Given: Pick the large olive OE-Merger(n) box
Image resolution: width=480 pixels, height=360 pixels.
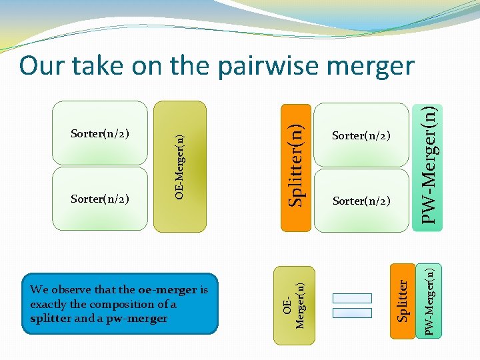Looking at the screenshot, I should (180, 166).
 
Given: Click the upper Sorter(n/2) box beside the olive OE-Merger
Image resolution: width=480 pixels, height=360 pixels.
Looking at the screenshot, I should (100, 133).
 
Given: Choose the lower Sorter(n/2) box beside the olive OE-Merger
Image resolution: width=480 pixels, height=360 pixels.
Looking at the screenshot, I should (100, 198).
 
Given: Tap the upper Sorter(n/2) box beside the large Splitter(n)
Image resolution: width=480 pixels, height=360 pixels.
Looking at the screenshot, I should (361, 136).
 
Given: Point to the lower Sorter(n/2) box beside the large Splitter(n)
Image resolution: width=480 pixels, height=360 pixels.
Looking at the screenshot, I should (361, 201).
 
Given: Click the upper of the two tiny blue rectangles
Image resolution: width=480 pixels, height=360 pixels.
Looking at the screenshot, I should (351, 298).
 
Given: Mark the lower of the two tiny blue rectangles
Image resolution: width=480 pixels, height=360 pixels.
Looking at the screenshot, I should (351, 313).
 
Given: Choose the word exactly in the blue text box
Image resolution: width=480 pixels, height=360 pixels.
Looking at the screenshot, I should (49, 304).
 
